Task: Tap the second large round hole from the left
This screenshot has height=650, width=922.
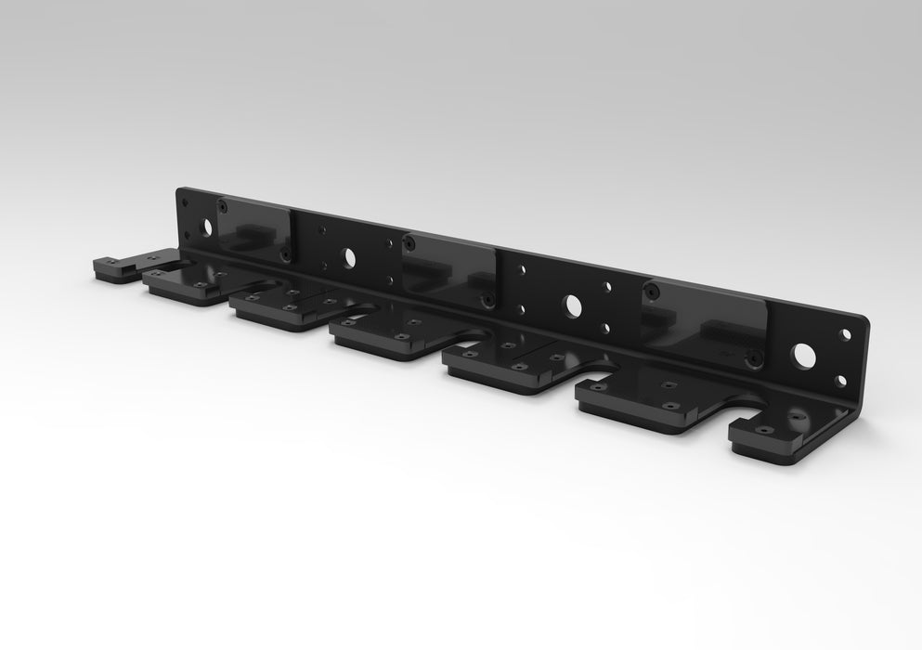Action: coord(349,258)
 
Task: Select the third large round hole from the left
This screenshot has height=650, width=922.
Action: coord(572,305)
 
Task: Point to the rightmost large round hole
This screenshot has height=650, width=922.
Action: coord(802,355)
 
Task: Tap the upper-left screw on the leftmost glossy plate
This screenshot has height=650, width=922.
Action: coord(222,206)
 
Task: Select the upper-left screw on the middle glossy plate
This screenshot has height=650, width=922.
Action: coord(409,244)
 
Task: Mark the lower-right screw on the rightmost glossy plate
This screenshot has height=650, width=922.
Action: coord(754,356)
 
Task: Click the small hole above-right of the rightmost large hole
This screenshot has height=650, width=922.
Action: coord(845,335)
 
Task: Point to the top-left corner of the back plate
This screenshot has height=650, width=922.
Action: coord(178,190)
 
